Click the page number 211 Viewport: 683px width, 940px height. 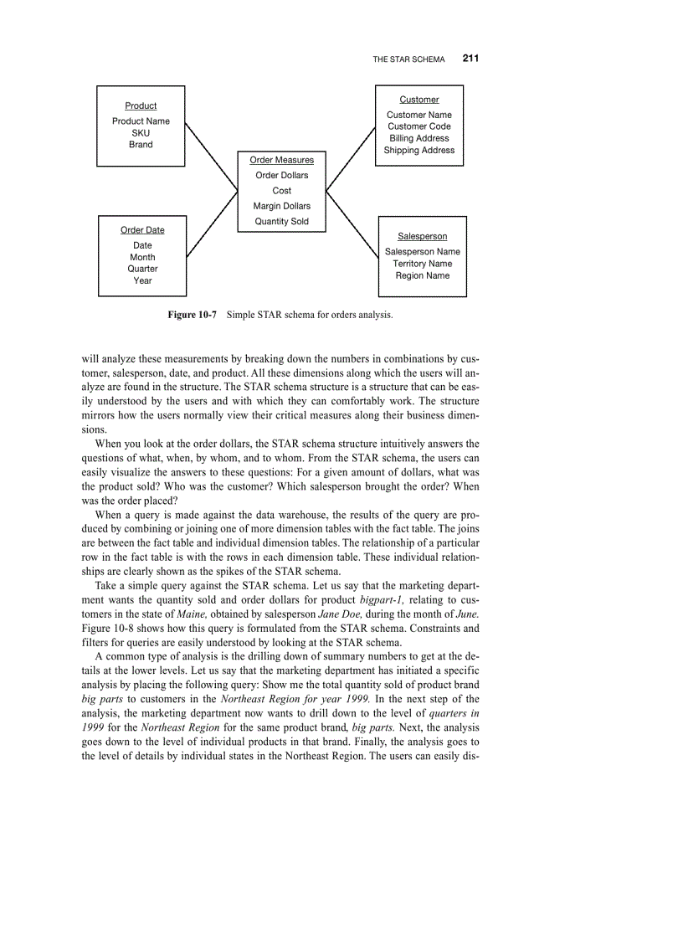470,59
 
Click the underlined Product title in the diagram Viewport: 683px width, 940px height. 141,105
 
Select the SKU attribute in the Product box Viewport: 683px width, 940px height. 141,133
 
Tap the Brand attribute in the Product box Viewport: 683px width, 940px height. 141,145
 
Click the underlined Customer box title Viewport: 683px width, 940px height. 419,100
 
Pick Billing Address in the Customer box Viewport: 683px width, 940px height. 419,138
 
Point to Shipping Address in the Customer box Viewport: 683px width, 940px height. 419,151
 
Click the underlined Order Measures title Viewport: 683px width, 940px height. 282,160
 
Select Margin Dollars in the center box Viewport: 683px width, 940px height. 282,206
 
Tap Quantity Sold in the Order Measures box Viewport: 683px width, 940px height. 282,222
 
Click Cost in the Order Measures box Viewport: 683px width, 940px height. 282,191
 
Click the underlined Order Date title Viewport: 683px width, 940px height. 142,230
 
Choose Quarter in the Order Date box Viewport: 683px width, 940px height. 142,269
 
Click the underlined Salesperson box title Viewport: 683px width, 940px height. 422,237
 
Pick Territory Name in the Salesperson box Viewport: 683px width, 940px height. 422,264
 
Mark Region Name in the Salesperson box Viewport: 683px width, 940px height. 422,275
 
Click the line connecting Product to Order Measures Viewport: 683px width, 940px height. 211,157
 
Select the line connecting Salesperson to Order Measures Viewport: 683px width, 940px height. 352,223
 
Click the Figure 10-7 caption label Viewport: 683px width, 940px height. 192,316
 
